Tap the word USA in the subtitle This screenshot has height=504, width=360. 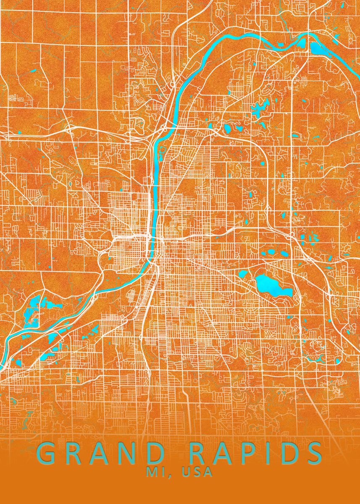click(x=197, y=472)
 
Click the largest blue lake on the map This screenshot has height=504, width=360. click(x=272, y=285)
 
